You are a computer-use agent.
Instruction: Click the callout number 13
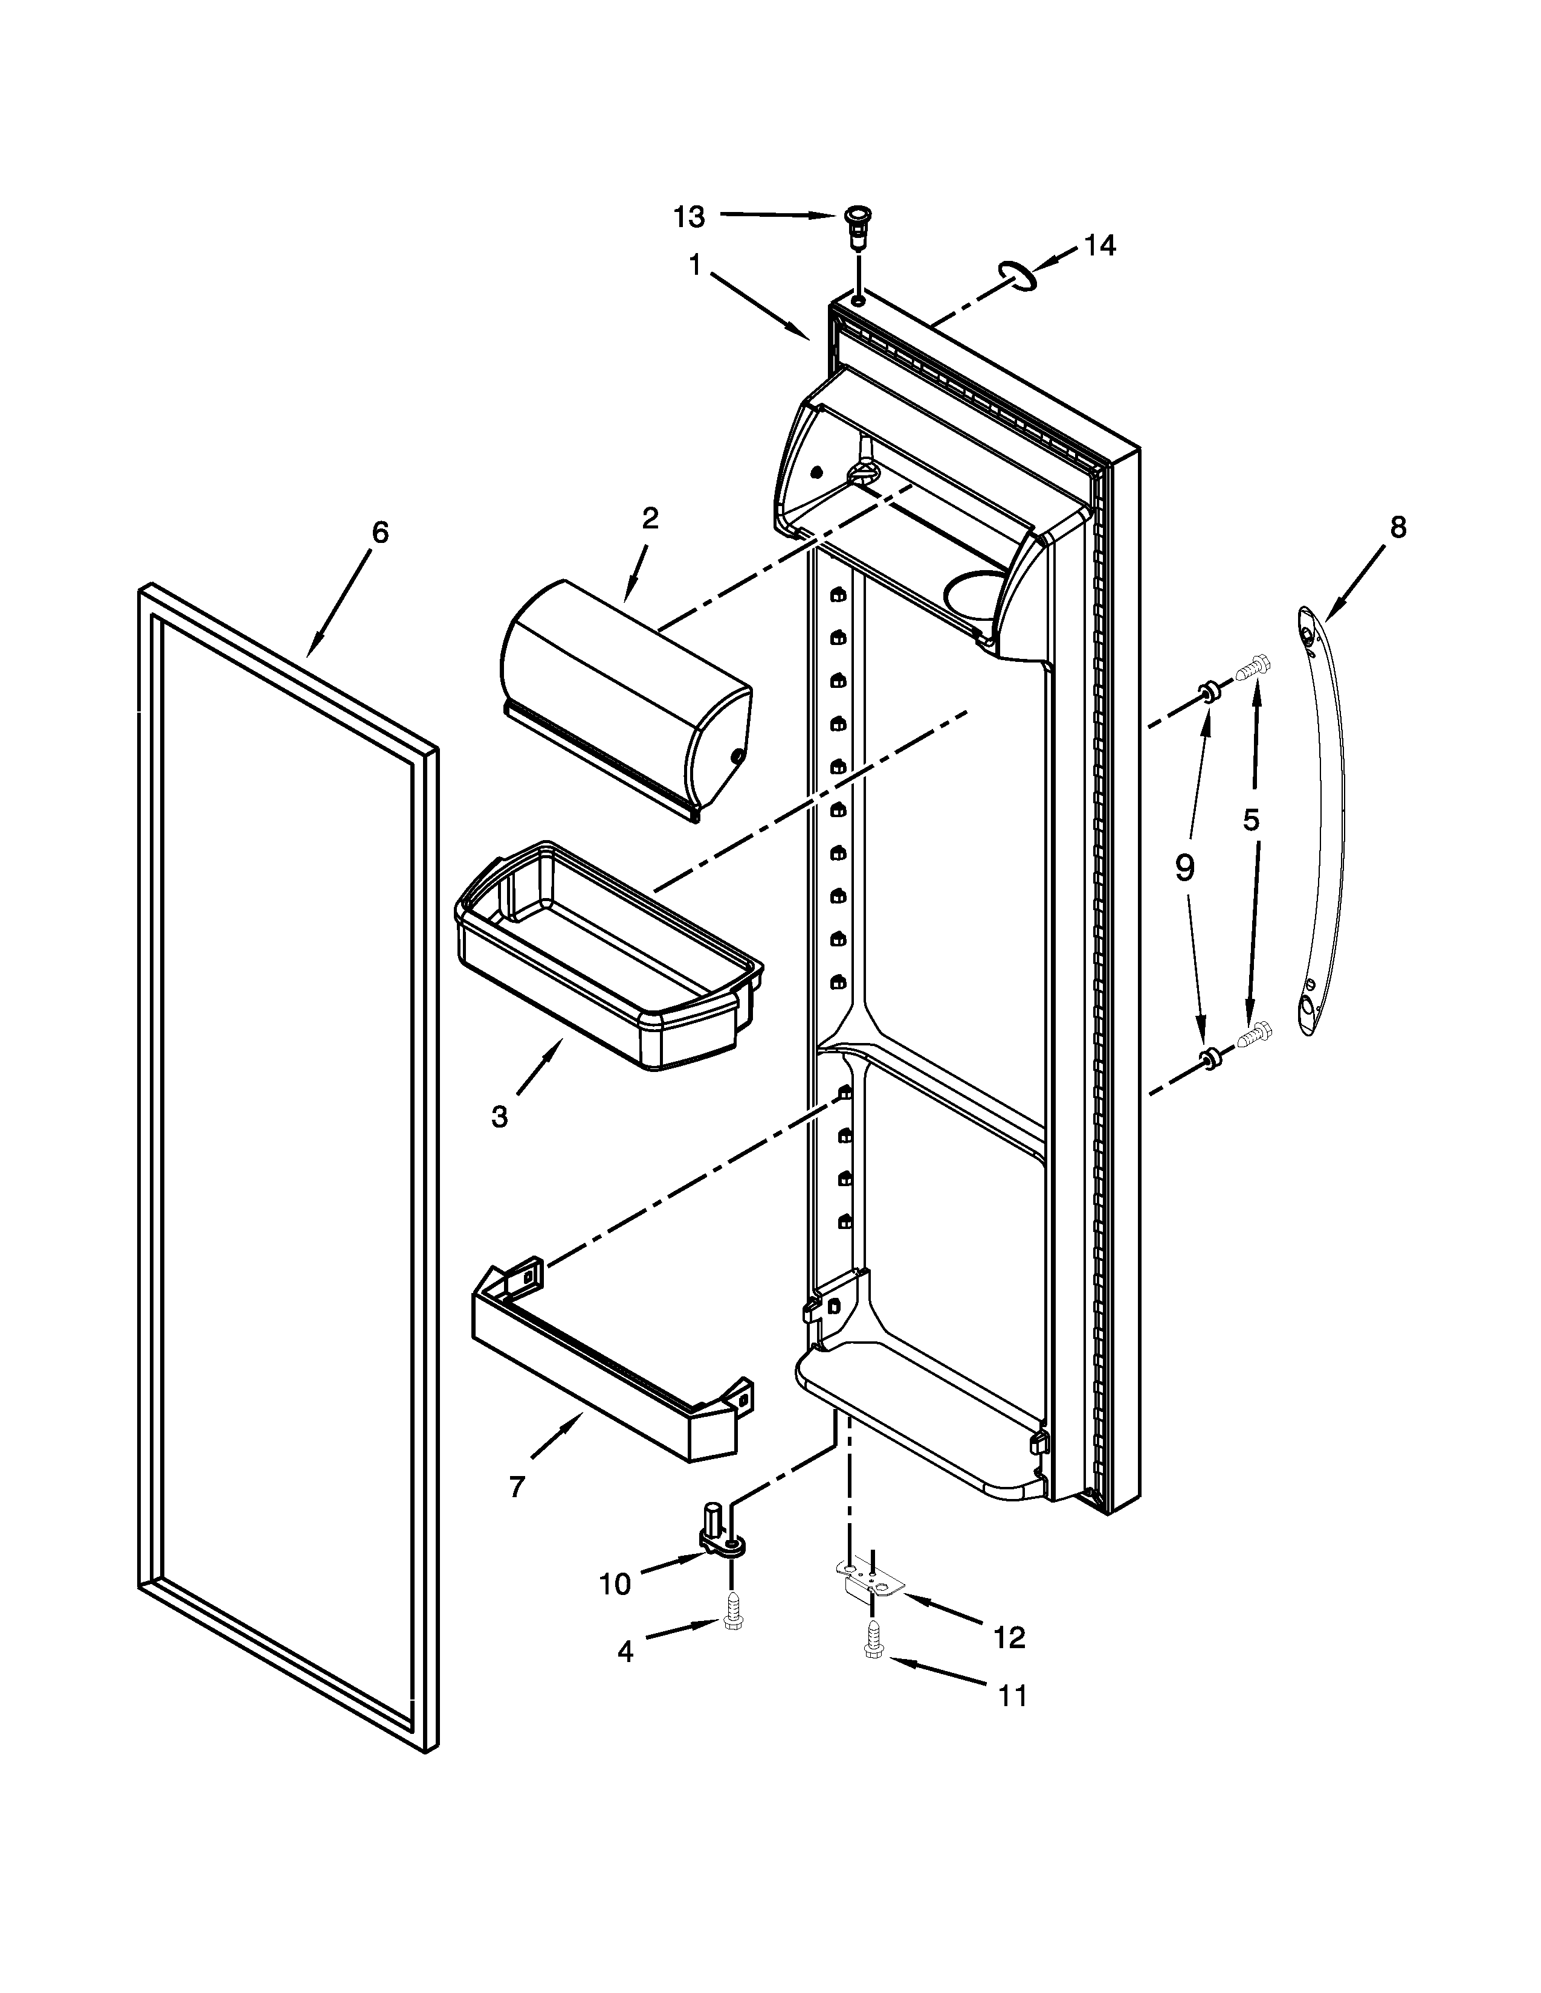[690, 217]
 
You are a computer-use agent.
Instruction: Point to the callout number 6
[380, 532]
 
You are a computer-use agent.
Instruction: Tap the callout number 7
[517, 1488]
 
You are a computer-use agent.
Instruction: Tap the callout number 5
[1251, 820]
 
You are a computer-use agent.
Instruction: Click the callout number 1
[695, 266]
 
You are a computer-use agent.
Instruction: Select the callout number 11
[1012, 1695]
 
